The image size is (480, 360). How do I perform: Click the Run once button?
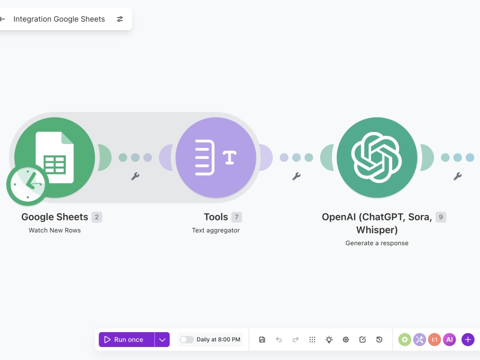pos(126,339)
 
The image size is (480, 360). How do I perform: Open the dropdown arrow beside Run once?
pos(162,339)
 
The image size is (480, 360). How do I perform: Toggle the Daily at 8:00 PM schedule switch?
pos(187,339)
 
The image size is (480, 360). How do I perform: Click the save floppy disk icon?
pos(262,339)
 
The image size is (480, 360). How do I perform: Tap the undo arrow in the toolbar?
pos(279,339)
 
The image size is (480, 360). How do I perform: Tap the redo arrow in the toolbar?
pos(295,339)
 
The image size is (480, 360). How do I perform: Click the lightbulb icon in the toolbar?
pos(329,339)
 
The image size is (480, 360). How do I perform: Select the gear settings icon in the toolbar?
pos(346,339)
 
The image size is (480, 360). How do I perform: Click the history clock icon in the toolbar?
pos(379,339)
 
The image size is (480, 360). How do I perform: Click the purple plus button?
pos(468,339)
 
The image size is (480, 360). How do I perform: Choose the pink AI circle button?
pos(449,339)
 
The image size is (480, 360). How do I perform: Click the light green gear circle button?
pos(405,339)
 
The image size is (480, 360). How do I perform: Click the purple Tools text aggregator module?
pos(216,157)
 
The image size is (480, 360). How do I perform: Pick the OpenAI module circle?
pos(377,157)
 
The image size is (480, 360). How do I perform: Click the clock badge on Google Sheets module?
pos(27,185)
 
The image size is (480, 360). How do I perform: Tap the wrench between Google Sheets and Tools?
pos(135,176)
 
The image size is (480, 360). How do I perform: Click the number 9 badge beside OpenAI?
pos(441,217)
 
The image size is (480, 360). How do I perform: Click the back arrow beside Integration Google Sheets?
pos(2,19)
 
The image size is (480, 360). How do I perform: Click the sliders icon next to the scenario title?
pos(120,19)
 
